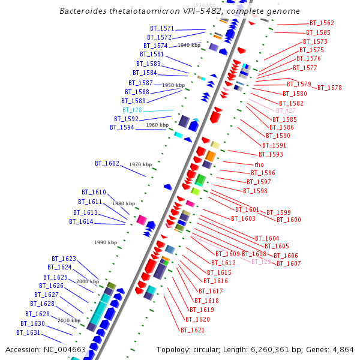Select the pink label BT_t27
tap(286, 110)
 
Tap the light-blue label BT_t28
tap(132, 110)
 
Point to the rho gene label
tap(259, 164)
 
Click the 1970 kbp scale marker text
tap(140, 164)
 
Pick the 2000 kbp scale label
tap(87, 281)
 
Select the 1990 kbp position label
tap(105, 242)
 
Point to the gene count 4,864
tap(343, 349)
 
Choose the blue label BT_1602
tap(107, 163)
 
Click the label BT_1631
tap(28, 332)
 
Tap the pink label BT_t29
tap(261, 262)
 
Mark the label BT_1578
tap(329, 88)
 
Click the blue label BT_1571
tap(162, 28)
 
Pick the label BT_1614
tap(81, 222)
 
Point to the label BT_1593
tap(271, 155)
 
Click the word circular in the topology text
tap(214, 349)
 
